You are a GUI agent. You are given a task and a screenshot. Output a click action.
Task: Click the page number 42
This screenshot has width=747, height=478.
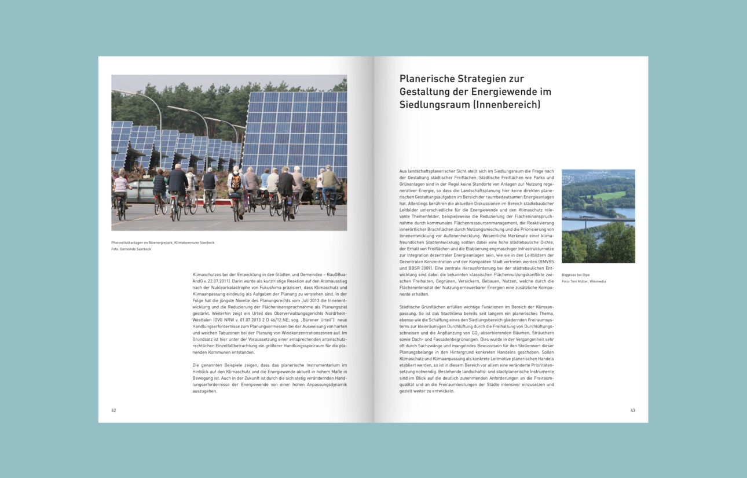pyautogui.click(x=114, y=410)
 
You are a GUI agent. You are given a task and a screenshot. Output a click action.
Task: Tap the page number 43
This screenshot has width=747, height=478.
pyautogui.click(x=633, y=410)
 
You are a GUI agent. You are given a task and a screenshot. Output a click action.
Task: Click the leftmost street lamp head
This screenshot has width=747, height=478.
pyautogui.click(x=116, y=92)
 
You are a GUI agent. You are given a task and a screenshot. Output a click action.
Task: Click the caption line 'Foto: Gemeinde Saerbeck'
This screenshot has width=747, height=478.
pyautogui.click(x=131, y=249)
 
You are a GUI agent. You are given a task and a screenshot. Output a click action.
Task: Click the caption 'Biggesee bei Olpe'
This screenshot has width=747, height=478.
pyautogui.click(x=576, y=275)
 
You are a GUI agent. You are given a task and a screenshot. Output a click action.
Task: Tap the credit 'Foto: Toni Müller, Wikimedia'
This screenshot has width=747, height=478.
pyautogui.click(x=584, y=282)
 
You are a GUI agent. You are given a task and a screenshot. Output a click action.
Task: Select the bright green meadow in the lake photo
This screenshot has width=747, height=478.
pyautogui.click(x=607, y=195)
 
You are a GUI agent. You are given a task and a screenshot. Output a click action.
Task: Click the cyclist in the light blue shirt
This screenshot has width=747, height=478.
pyautogui.click(x=265, y=181)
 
